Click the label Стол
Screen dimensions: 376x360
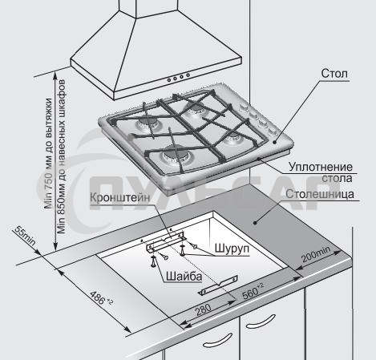tap(334, 73)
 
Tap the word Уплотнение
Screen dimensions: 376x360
tap(321, 167)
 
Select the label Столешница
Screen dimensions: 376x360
tap(320, 194)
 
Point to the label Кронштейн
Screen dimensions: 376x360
tap(120, 198)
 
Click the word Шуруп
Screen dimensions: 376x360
tap(232, 248)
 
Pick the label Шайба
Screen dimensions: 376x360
tap(184, 276)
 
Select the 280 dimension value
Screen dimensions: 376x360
tap(203, 310)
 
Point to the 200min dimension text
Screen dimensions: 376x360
tap(316, 254)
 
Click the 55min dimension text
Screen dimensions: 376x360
tap(25, 236)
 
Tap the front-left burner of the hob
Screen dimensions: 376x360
tap(174, 156)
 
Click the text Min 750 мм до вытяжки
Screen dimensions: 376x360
tap(48, 153)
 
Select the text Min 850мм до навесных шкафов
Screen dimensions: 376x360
tap(61, 156)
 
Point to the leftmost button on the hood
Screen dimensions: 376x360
tap(169, 79)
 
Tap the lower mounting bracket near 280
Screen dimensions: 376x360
tap(218, 285)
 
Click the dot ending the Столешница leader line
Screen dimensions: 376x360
tap(255, 222)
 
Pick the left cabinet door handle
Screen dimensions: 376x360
tap(217, 340)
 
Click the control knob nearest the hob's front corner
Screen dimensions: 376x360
tap(273, 131)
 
